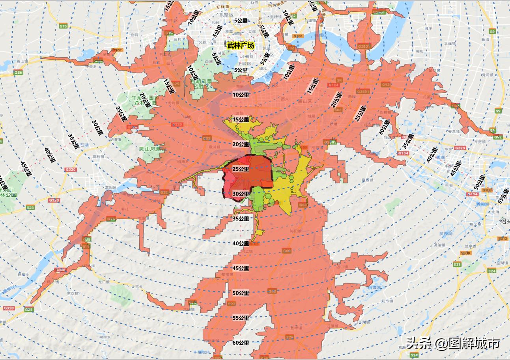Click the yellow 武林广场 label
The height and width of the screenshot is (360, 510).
tap(241, 45)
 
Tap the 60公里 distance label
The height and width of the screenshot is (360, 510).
tap(241, 343)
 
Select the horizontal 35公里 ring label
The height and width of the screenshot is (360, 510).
tap(241, 218)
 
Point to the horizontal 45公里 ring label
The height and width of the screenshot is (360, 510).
tap(241, 268)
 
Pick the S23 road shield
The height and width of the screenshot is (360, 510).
tap(30, 207)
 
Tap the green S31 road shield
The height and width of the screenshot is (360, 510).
tap(457, 264)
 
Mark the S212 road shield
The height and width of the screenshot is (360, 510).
tap(503, 239)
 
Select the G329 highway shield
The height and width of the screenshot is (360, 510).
tap(460, 148)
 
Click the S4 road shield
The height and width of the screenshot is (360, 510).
tap(339, 80)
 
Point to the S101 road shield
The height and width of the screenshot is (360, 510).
tap(298, 36)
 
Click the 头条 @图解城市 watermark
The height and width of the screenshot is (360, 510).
tap(453, 343)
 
